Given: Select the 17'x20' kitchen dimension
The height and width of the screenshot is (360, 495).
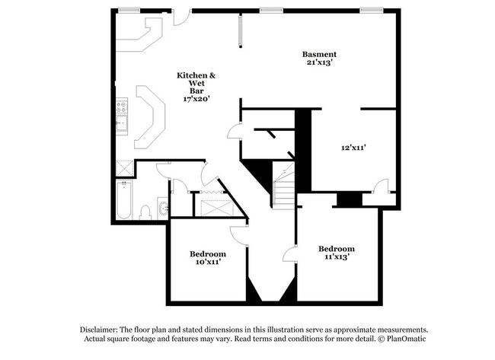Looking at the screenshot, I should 196,98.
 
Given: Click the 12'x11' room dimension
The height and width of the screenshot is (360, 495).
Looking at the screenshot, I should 355,148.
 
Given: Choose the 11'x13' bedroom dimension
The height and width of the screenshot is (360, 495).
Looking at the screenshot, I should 336,257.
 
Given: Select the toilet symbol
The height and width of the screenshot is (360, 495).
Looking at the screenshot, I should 146,212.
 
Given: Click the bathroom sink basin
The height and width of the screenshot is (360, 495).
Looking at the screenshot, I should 162,206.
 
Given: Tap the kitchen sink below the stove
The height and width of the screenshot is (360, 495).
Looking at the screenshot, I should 120,126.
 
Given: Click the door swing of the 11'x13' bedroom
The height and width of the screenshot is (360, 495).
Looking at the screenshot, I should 290,256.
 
